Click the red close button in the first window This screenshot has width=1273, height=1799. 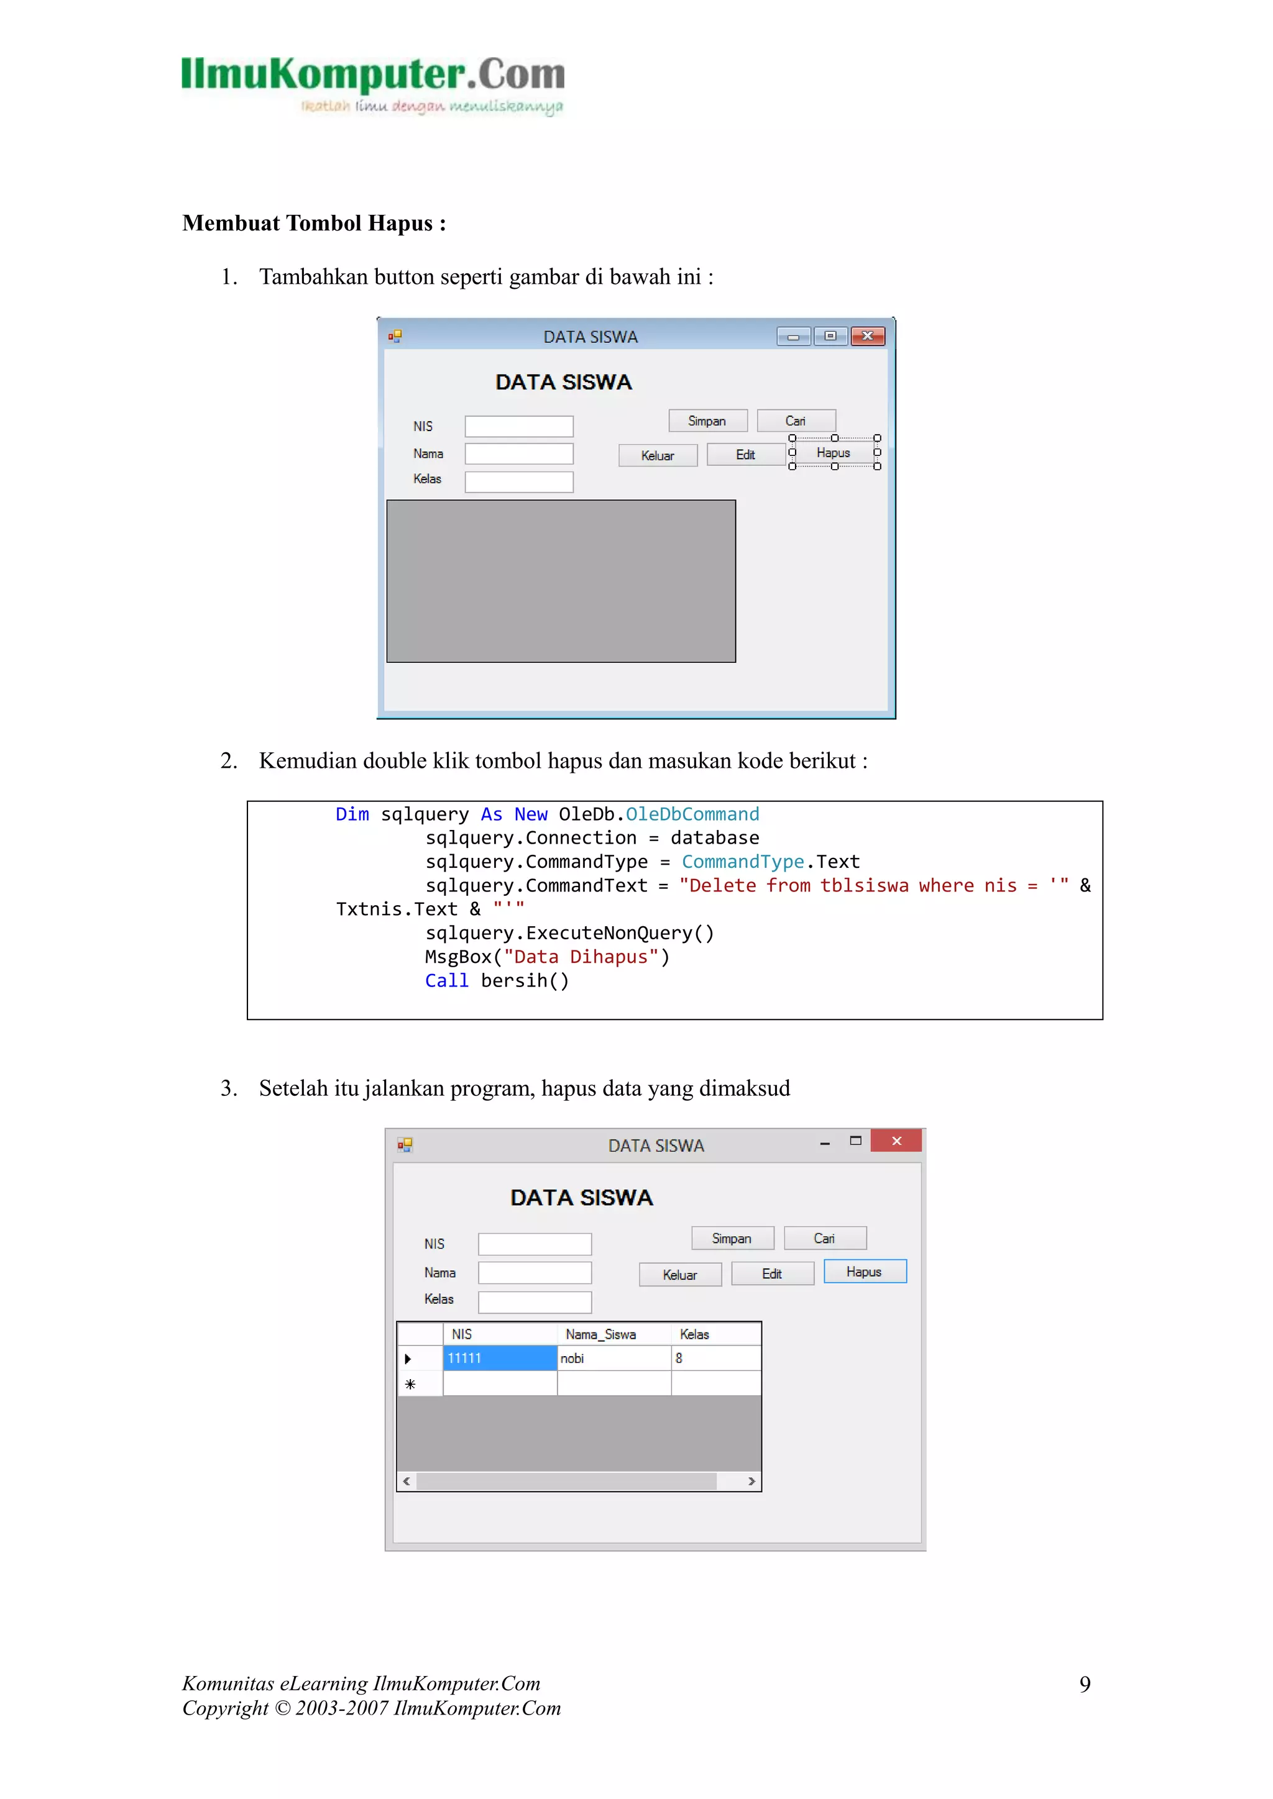coord(868,336)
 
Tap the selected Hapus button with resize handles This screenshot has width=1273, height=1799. coord(834,453)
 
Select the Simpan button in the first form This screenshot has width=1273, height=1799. coord(707,421)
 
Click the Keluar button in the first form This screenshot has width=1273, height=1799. coord(658,456)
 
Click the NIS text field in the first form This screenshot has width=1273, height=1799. coord(519,426)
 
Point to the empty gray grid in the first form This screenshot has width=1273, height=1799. coord(561,581)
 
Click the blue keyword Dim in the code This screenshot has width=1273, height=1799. coord(352,815)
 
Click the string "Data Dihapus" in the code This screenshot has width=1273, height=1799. coord(581,957)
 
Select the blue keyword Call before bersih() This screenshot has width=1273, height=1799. coord(446,981)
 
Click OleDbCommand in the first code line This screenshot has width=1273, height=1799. coord(692,815)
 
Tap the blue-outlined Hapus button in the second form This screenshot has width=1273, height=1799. coord(865,1272)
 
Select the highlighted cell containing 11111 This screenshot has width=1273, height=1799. coord(499,1359)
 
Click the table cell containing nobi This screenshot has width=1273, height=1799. coord(613,1359)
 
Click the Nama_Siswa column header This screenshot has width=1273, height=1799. coord(601,1334)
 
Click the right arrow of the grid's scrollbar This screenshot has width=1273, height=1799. coord(751,1481)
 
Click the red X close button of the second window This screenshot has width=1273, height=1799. coord(896,1141)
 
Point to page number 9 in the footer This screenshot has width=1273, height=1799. coord(1085,1684)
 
